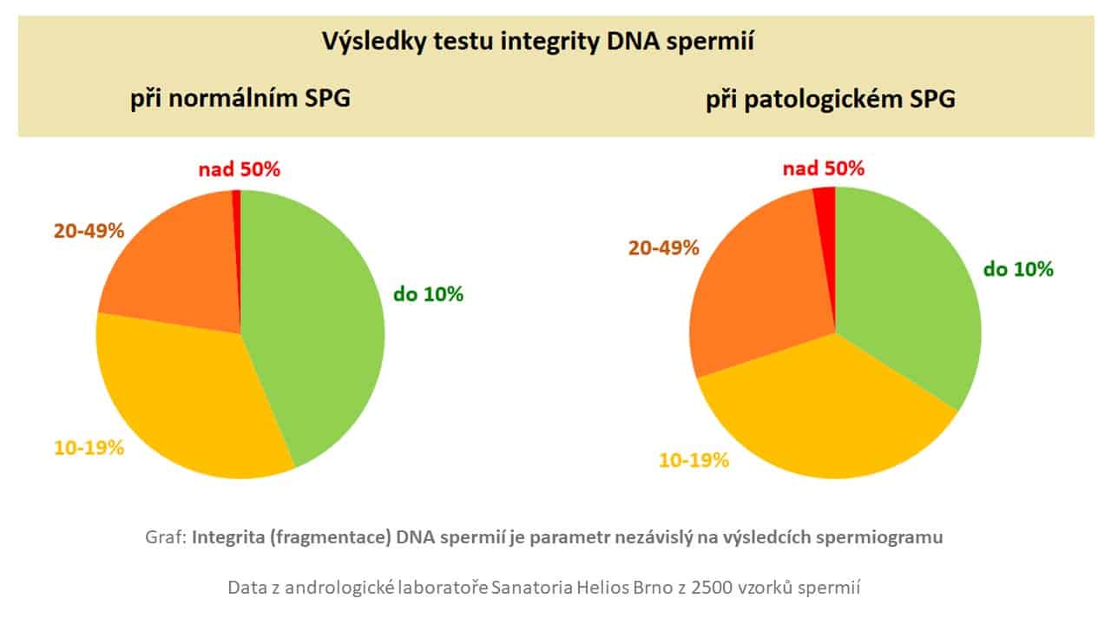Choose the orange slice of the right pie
click(755, 286)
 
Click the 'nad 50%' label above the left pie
click(239, 169)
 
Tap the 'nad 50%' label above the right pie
click(824, 168)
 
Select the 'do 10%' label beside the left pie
click(428, 294)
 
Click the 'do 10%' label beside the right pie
click(1018, 269)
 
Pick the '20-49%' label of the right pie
click(663, 248)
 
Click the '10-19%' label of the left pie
click(89, 448)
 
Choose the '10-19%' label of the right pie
click(694, 460)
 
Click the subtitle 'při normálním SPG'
click(240, 98)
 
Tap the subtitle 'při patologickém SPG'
click(830, 99)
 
